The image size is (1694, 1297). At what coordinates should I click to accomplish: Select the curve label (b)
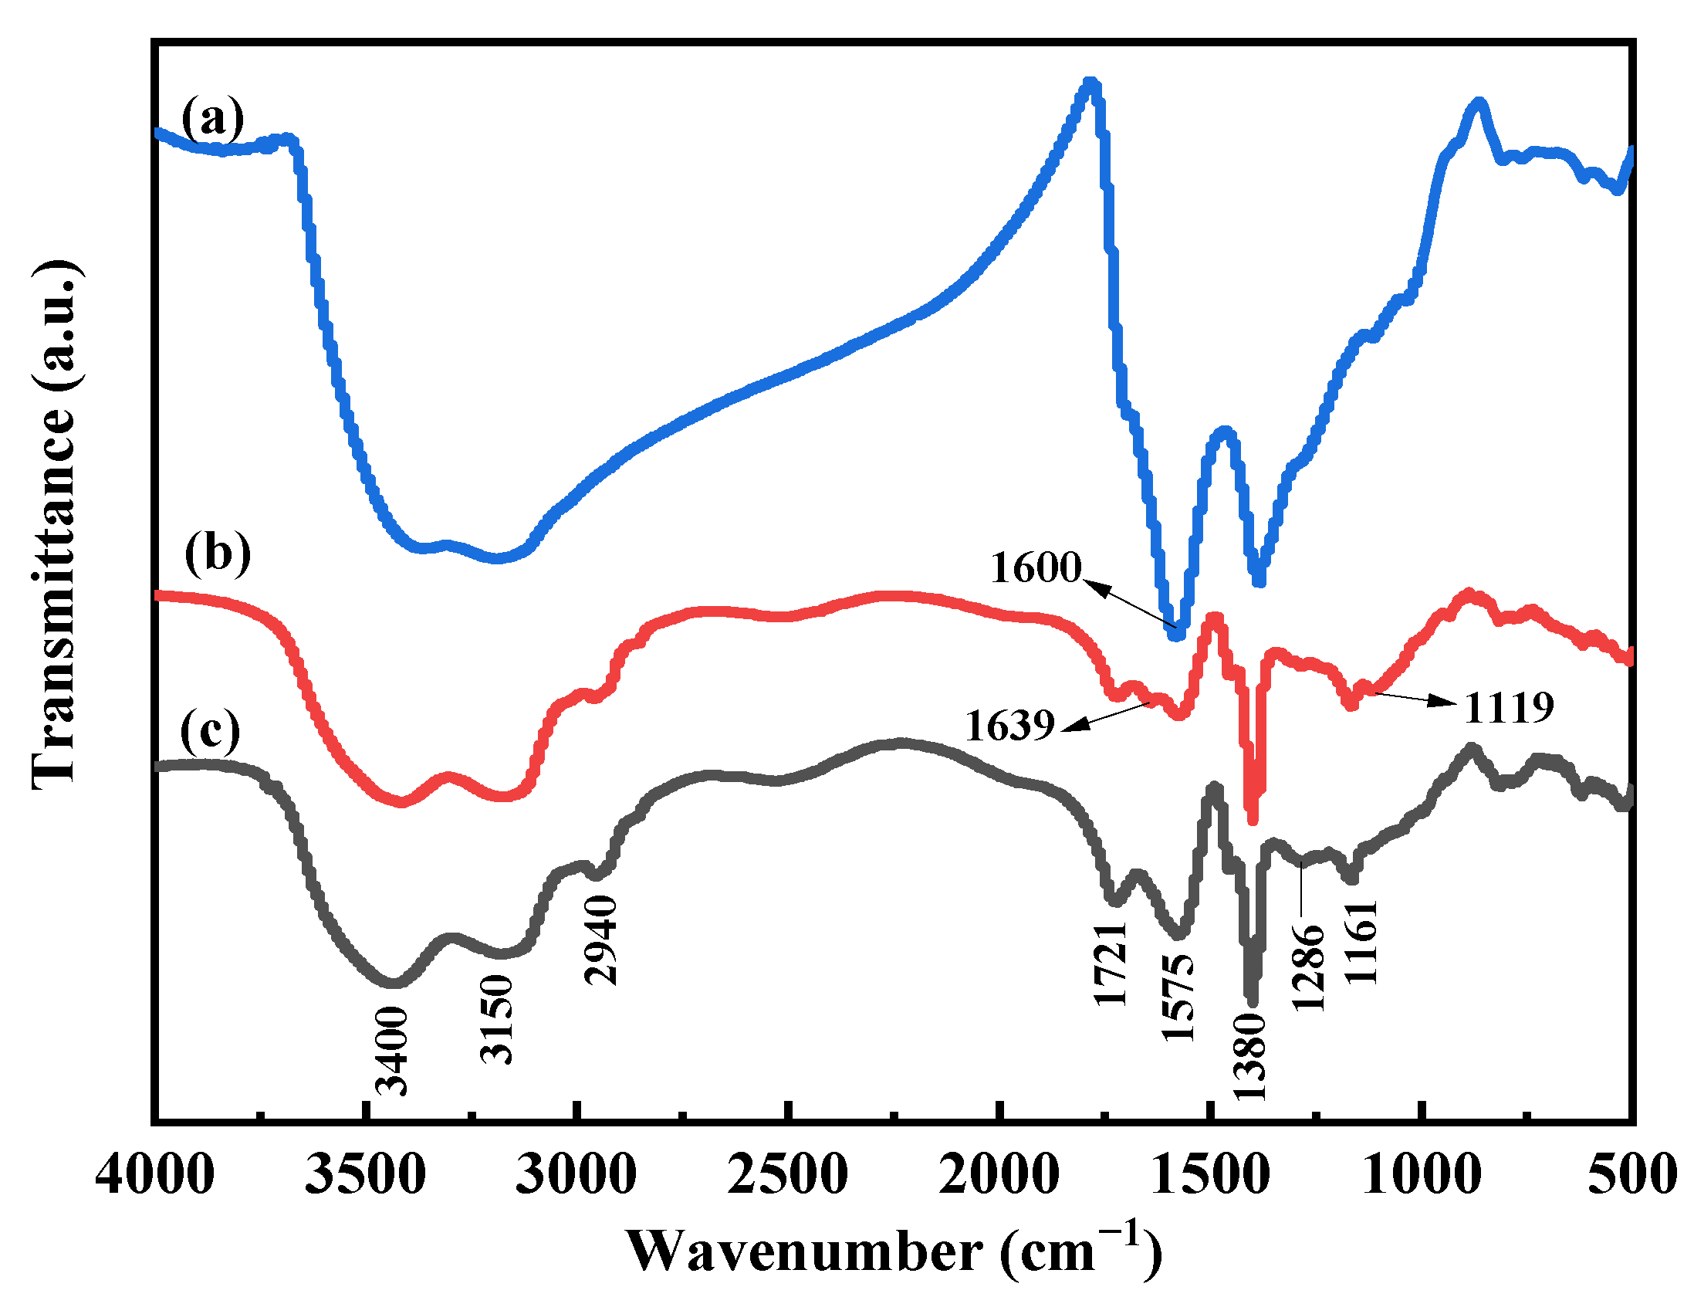[x=218, y=553]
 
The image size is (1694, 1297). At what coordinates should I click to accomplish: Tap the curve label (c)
[x=210, y=730]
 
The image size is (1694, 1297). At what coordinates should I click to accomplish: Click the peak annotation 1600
[x=1036, y=567]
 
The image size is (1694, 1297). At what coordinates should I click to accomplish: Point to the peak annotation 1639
[x=1009, y=726]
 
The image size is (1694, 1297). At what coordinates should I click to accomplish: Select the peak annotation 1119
[x=1509, y=707]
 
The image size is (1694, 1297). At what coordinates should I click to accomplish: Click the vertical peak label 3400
[x=391, y=1051]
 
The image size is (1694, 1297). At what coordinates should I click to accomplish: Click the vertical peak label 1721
[x=1111, y=963]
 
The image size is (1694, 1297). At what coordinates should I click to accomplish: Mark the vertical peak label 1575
[x=1178, y=997]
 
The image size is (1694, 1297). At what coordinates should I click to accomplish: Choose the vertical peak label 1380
[x=1249, y=1056]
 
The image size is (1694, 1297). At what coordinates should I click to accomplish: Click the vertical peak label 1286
[x=1309, y=967]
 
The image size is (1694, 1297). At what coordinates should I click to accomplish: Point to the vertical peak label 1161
[x=1361, y=942]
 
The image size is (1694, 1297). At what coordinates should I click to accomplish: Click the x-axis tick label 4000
[x=154, y=1174]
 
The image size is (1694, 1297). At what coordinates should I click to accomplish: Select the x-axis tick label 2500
[x=787, y=1174]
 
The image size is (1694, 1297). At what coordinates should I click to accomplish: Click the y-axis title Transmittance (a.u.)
[x=56, y=525]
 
